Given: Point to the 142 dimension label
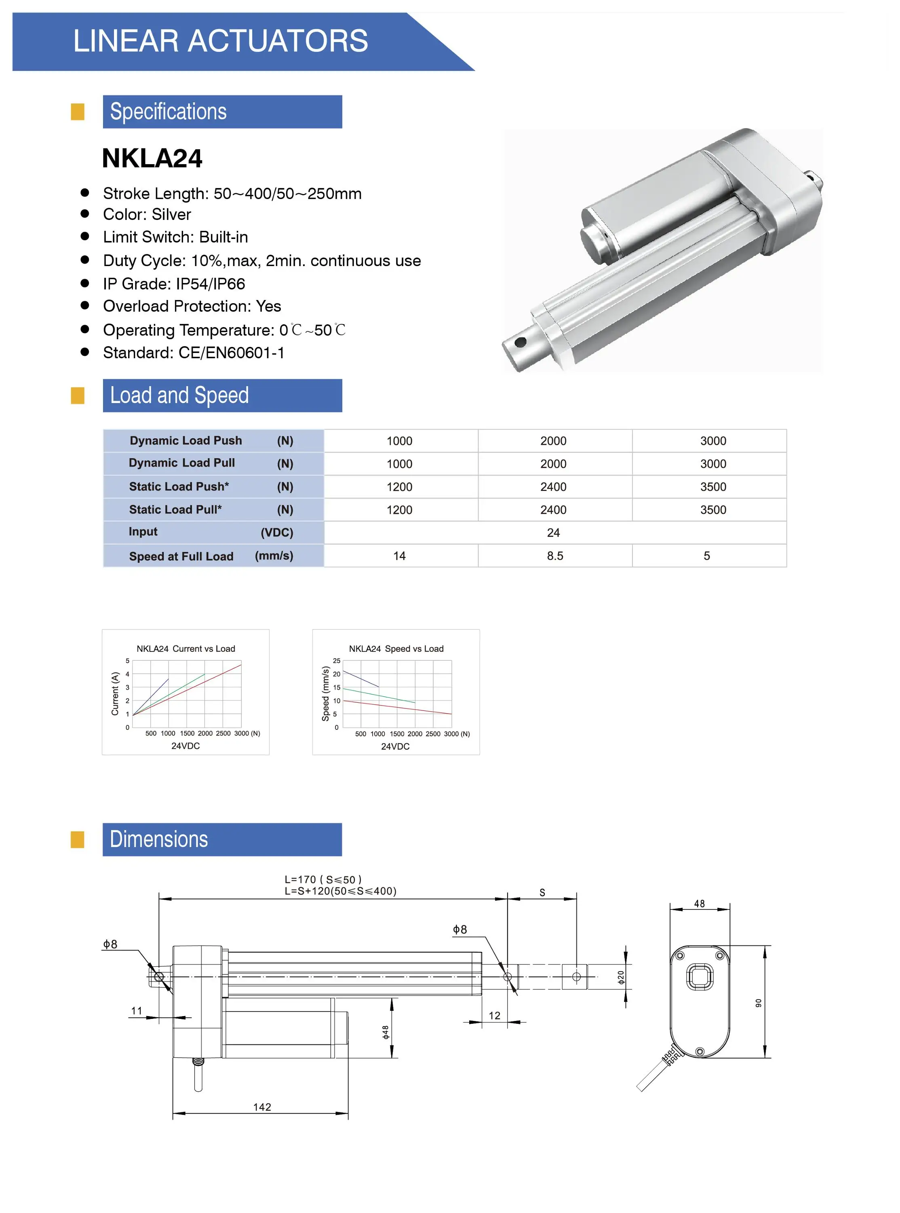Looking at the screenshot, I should click(x=262, y=1107).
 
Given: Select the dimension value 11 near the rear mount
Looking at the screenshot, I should click(x=136, y=1011).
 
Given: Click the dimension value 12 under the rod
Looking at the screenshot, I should click(x=494, y=1015).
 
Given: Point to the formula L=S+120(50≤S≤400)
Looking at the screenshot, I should click(x=341, y=891).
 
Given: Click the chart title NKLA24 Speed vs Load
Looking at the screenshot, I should click(x=396, y=649).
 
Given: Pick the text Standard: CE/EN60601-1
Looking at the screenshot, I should click(x=194, y=353).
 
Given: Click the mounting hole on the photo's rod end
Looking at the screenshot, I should click(x=520, y=342).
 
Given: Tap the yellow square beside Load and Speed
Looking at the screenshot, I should click(x=78, y=395).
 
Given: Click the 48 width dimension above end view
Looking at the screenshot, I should click(x=699, y=904).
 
